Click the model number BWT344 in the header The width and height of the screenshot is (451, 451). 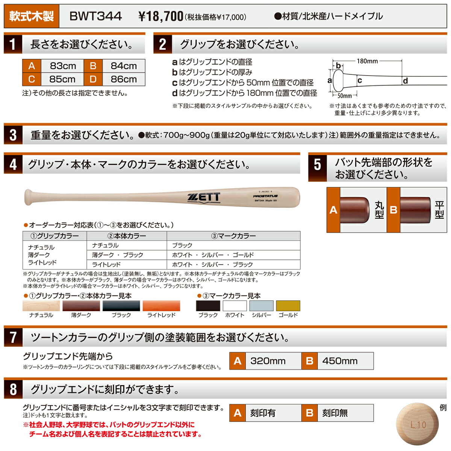(95, 16)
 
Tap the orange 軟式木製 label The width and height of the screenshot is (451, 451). (32, 17)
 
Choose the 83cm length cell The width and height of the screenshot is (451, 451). (63, 66)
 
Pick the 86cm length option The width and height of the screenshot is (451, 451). (124, 79)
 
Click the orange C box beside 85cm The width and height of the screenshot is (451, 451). (32, 79)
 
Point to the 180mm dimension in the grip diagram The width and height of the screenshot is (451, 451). (367, 61)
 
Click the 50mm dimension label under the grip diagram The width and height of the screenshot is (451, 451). (344, 96)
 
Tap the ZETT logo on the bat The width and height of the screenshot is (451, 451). (203, 197)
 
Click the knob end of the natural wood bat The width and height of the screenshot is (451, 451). (29, 197)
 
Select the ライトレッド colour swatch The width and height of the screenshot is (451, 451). (161, 306)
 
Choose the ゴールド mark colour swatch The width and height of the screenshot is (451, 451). (288, 306)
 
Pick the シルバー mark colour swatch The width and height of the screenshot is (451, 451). (261, 306)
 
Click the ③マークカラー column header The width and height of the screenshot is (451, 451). (233, 236)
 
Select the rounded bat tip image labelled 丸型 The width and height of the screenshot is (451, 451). (354, 209)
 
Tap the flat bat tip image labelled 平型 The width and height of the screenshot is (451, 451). (415, 209)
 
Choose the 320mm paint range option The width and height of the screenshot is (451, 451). (268, 361)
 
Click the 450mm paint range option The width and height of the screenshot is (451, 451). (340, 361)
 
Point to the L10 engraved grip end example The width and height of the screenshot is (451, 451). (418, 425)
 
